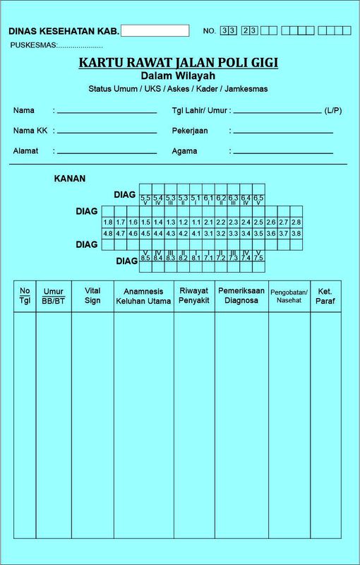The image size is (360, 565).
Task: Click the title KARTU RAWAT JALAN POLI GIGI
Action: click(178, 63)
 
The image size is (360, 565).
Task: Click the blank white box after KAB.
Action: click(155, 30)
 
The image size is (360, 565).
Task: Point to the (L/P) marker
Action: click(333, 111)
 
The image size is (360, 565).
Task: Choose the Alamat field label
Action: click(25, 151)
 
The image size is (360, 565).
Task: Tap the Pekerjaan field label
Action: click(190, 131)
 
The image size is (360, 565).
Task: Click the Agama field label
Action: click(184, 151)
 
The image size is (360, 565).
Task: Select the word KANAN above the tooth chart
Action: click(70, 179)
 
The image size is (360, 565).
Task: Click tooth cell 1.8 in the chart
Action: click(108, 222)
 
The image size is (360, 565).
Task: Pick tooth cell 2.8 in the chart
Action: click(296, 222)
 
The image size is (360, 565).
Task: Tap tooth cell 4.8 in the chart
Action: click(108, 233)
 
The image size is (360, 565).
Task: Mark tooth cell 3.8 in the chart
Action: click(296, 233)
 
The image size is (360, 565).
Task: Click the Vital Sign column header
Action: click(92, 295)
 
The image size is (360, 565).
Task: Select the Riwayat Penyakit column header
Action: click(194, 295)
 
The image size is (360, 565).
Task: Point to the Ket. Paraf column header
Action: click(325, 296)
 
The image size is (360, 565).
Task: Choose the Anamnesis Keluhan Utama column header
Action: click(143, 296)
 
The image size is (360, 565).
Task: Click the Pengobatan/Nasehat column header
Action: click(289, 295)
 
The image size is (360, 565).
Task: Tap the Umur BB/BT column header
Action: click(54, 296)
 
